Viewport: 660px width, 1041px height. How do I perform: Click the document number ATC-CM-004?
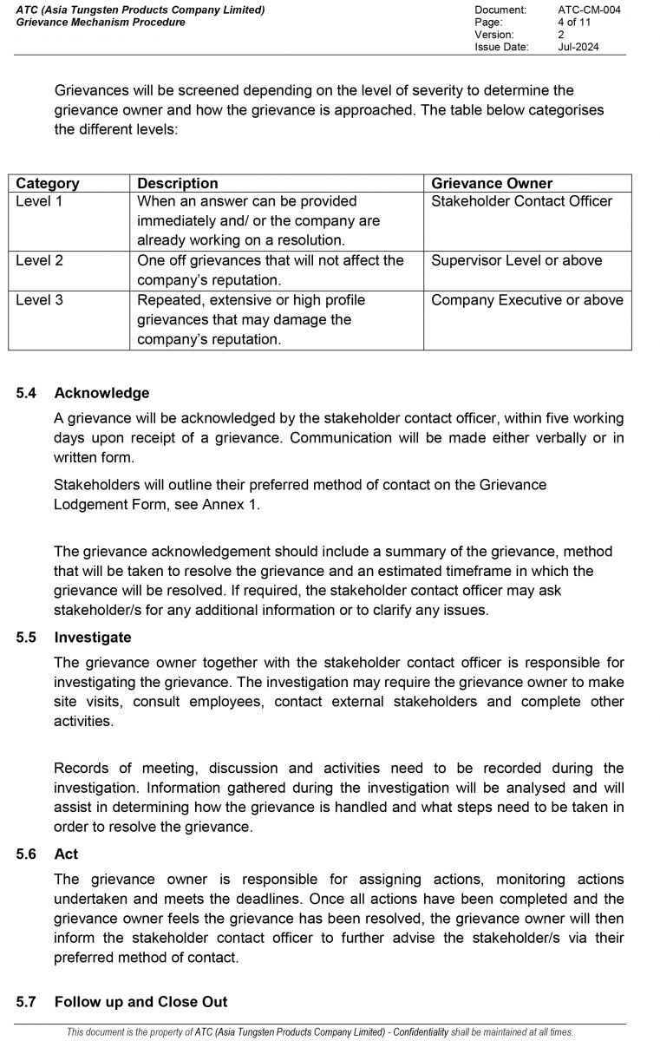click(x=589, y=10)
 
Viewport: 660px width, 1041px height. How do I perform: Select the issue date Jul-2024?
click(x=578, y=47)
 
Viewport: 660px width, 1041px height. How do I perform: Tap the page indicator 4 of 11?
click(x=574, y=22)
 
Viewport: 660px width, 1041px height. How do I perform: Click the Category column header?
click(x=48, y=183)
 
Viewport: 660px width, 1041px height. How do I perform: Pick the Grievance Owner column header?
click(x=491, y=183)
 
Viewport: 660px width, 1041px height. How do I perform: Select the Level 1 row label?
click(x=39, y=201)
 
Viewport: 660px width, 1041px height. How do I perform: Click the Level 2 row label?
click(x=39, y=260)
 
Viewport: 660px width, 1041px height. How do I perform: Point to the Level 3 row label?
click(x=39, y=300)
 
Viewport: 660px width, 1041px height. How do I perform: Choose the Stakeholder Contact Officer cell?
click(x=521, y=201)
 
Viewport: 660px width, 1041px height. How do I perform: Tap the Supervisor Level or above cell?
click(x=516, y=260)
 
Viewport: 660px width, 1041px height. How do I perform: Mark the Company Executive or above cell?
click(x=526, y=300)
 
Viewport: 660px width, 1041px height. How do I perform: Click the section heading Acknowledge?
click(x=101, y=393)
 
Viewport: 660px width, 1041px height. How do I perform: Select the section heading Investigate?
click(x=93, y=638)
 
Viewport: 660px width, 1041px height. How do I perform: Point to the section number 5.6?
click(x=26, y=854)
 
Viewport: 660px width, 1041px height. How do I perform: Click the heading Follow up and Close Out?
click(x=140, y=1002)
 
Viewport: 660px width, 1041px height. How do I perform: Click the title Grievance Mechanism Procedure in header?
click(x=101, y=22)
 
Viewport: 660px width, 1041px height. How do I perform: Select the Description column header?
click(x=178, y=183)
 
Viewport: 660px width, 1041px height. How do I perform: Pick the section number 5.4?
click(x=26, y=393)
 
